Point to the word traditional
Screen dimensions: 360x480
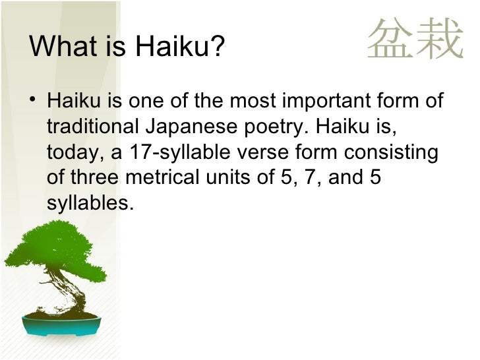tap(92, 127)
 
